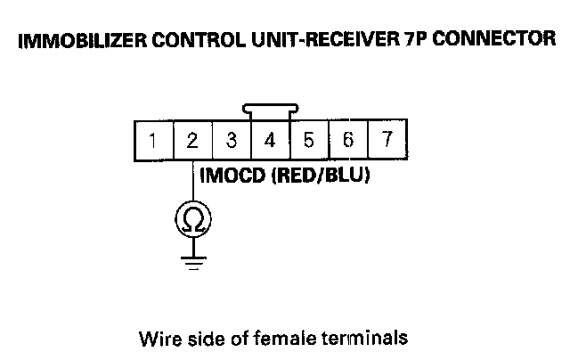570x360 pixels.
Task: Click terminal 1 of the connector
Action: [154, 140]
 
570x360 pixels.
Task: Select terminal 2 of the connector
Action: [192, 140]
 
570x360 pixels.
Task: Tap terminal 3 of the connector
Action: [232, 140]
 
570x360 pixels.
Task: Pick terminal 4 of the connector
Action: [270, 140]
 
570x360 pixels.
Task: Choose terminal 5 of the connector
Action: [309, 140]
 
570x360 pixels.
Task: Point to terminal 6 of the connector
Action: [348, 140]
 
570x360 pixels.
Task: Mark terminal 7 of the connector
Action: [387, 140]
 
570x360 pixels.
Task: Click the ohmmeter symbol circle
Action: [193, 219]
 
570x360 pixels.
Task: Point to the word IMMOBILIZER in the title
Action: [68, 40]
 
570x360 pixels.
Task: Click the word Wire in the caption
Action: [157, 339]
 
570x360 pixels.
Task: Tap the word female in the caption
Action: [271, 339]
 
